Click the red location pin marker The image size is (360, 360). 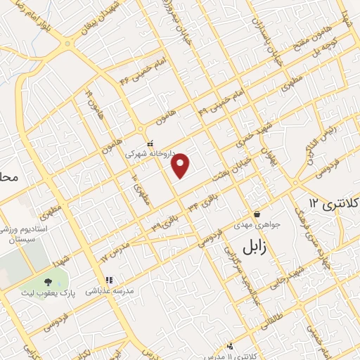click(x=181, y=165)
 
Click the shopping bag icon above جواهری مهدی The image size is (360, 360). click(x=257, y=214)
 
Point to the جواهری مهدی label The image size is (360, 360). click(x=257, y=224)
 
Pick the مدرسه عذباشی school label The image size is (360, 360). click(x=110, y=290)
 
